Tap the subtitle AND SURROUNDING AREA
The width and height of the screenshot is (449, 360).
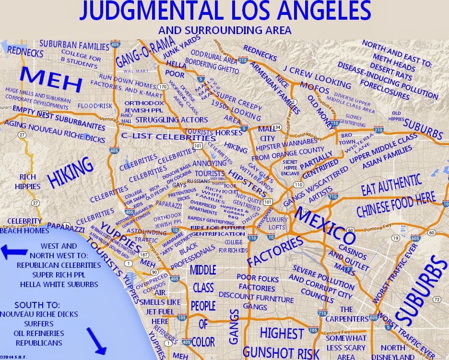224,30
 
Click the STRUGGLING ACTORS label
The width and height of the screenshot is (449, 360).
172,120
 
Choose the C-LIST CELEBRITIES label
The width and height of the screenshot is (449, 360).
168,137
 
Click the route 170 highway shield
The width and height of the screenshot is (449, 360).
164,87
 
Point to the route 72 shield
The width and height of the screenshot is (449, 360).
436,300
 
